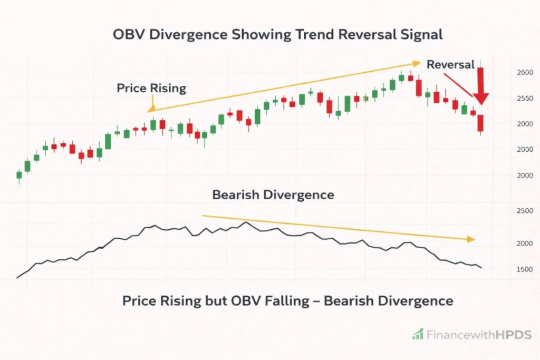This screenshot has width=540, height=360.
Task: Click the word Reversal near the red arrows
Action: click(x=450, y=65)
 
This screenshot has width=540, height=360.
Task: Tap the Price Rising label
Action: click(x=151, y=88)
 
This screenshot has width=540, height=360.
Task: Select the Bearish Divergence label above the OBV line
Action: click(x=273, y=195)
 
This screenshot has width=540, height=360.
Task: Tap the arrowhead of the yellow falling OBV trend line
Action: click(x=471, y=239)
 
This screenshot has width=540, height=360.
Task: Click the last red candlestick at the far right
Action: click(x=480, y=123)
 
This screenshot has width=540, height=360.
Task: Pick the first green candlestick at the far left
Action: click(x=19, y=175)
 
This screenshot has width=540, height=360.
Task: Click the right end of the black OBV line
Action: click(x=481, y=268)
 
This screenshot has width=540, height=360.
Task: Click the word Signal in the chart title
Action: click(x=419, y=35)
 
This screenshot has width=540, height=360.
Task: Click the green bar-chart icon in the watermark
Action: click(x=418, y=334)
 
